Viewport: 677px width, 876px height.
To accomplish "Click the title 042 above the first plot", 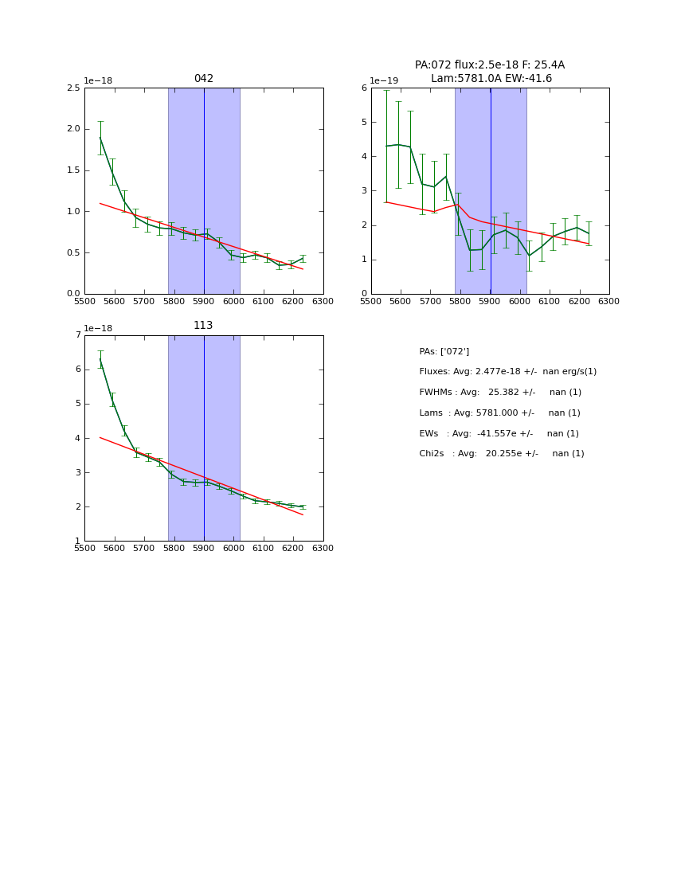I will tap(204, 79).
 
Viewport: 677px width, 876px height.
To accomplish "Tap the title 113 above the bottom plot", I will tap(204, 326).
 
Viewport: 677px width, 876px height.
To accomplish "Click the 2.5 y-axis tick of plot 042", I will tap(72, 88).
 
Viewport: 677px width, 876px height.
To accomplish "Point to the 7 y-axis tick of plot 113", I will tap(77, 335).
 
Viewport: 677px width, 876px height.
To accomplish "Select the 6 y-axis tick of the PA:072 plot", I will tap(364, 88).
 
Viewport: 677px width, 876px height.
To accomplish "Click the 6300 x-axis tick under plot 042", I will tap(323, 302).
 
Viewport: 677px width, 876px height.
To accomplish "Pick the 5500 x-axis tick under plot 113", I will tap(84, 549).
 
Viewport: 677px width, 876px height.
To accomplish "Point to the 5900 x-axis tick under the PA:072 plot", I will tap(490, 302).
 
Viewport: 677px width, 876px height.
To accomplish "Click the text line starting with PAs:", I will tap(444, 351).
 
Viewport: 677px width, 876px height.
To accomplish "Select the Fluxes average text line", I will tap(507, 372).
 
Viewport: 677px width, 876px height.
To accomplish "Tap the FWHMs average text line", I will tap(500, 393).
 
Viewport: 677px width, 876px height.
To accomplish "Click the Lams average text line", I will tap(499, 413).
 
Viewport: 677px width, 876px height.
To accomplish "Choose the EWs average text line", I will tap(499, 434).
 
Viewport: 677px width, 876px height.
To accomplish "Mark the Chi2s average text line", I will tap(501, 454).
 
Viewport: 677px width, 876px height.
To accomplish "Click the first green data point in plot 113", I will tap(100, 359).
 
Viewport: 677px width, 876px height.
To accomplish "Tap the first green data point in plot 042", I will tap(100, 138).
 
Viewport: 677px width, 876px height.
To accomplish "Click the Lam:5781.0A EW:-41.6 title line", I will tap(491, 79).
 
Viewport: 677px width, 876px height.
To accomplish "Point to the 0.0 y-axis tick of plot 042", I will tap(72, 294).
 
